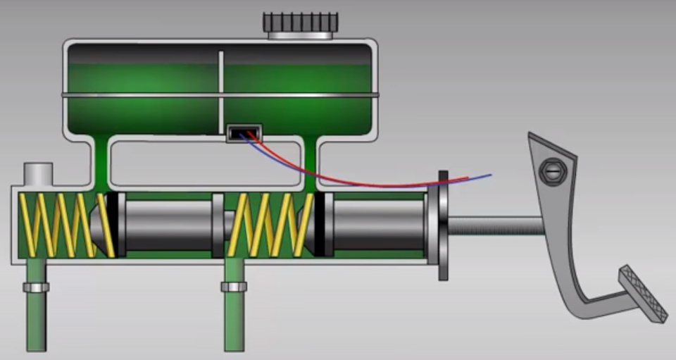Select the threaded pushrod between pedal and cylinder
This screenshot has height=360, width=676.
[493, 226]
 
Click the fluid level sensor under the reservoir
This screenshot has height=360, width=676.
[244, 132]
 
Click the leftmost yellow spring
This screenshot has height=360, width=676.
[60, 224]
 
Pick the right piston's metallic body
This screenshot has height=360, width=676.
[377, 225]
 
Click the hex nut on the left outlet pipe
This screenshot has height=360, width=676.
[36, 287]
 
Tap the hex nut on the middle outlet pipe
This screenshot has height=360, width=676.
[234, 287]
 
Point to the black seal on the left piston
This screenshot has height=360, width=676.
[112, 224]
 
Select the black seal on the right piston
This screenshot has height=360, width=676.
[320, 224]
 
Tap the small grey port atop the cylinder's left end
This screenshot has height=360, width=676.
[38, 173]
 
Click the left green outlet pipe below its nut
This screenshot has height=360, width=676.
[36, 321]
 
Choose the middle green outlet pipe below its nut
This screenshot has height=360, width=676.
[234, 321]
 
